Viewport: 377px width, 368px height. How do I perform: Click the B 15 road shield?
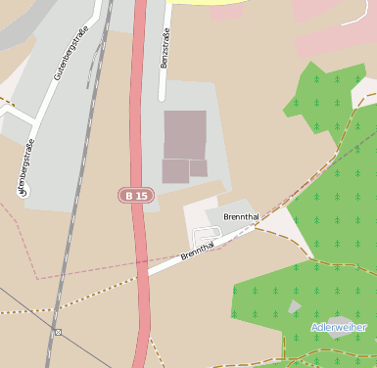coord(137,196)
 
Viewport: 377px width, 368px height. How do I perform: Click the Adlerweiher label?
coord(339,326)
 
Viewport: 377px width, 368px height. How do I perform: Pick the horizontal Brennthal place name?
coord(240,216)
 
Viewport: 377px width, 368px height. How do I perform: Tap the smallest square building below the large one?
coord(199,168)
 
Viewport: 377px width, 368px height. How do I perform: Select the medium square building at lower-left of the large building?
coord(175,171)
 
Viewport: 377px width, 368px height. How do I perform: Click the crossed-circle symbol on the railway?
coord(58,332)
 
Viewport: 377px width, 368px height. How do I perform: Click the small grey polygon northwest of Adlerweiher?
coord(295,307)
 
